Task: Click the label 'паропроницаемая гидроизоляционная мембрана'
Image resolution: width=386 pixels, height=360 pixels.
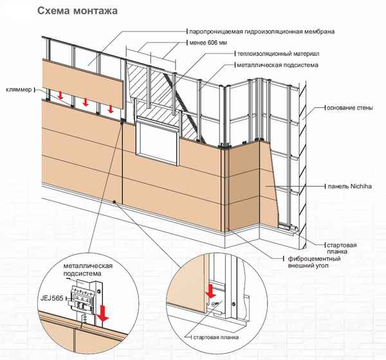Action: tap(263, 30)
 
